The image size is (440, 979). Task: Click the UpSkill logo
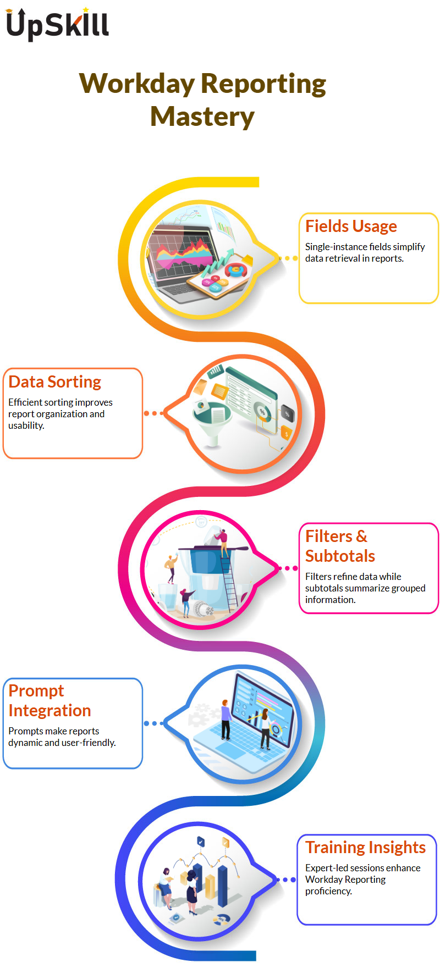click(x=57, y=24)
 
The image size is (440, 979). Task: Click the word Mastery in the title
click(x=202, y=117)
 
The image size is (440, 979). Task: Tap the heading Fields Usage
click(x=351, y=226)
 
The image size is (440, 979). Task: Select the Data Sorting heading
click(x=55, y=381)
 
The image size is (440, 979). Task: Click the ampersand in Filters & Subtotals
click(x=361, y=536)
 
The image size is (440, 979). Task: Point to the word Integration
click(x=50, y=711)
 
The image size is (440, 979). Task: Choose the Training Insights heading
click(x=365, y=848)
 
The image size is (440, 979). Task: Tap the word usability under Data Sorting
click(x=26, y=425)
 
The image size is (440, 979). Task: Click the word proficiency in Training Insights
click(x=328, y=891)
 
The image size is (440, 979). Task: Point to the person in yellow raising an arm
click(x=172, y=567)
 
